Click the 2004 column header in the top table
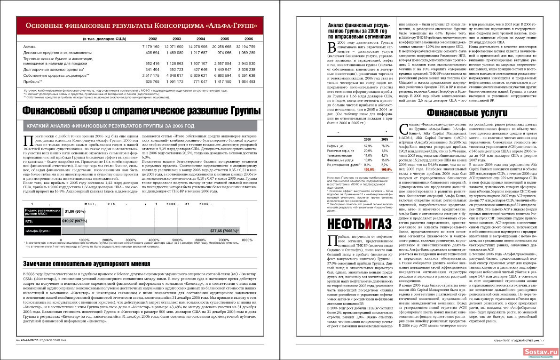click(x=201, y=39)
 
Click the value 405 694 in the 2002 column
click(x=150, y=52)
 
